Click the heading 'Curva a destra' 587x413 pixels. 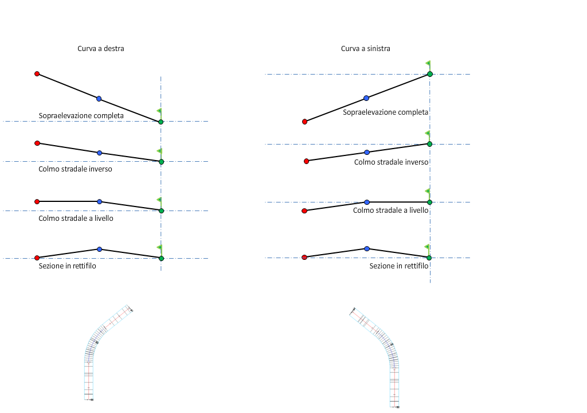pos(101,49)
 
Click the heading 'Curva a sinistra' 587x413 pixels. pos(366,49)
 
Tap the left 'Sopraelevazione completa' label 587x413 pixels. pos(81,116)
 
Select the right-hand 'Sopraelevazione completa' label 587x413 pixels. pos(386,112)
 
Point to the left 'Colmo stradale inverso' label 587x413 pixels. pos(75,169)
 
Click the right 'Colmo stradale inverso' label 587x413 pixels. pos(392,162)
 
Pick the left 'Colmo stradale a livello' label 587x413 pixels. pos(76,219)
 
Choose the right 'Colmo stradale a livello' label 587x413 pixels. pos(390,211)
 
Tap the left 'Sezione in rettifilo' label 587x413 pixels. pos(67,266)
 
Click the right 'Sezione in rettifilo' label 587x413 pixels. pos(399,266)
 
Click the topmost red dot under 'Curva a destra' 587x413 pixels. pos(37,74)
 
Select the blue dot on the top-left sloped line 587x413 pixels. pos(99,99)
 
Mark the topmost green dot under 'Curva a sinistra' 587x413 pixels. pos(430,74)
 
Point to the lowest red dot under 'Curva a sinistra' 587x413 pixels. pos(304,258)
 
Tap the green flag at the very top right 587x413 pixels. pos(428,64)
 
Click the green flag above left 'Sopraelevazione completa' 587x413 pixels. pos(159,112)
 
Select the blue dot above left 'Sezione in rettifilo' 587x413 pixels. pos(99,249)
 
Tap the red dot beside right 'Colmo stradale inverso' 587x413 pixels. pos(307,161)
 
